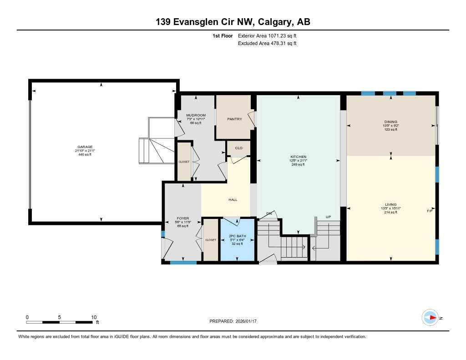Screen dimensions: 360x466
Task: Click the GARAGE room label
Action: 85,147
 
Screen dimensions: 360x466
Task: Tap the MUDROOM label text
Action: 196,115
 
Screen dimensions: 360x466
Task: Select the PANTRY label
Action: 234,119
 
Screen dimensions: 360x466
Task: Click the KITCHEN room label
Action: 299,157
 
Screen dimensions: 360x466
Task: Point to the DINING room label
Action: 390,122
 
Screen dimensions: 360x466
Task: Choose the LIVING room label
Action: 390,205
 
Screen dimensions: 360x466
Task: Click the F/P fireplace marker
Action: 429,211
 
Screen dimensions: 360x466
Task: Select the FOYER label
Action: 182,218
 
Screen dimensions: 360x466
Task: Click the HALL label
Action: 233,199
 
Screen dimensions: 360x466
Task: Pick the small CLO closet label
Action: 239,148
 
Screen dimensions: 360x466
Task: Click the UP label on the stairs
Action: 328,217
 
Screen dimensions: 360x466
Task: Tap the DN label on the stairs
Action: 269,214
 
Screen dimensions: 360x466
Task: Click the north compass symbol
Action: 431,318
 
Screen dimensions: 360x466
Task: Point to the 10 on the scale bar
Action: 94,317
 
